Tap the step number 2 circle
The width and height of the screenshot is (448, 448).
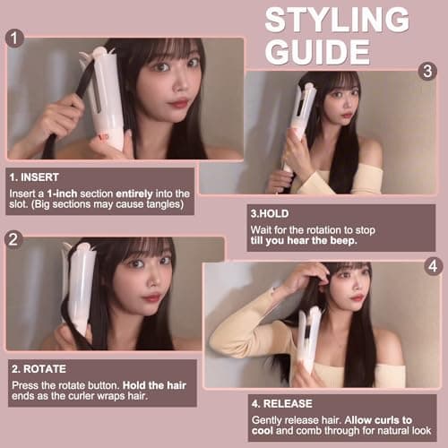click(x=13, y=239)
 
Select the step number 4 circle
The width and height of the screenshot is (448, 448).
click(x=434, y=265)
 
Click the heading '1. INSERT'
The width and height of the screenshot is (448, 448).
click(x=37, y=177)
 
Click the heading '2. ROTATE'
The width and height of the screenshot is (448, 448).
click(x=40, y=367)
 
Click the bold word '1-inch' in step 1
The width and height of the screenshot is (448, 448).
click(x=66, y=194)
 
